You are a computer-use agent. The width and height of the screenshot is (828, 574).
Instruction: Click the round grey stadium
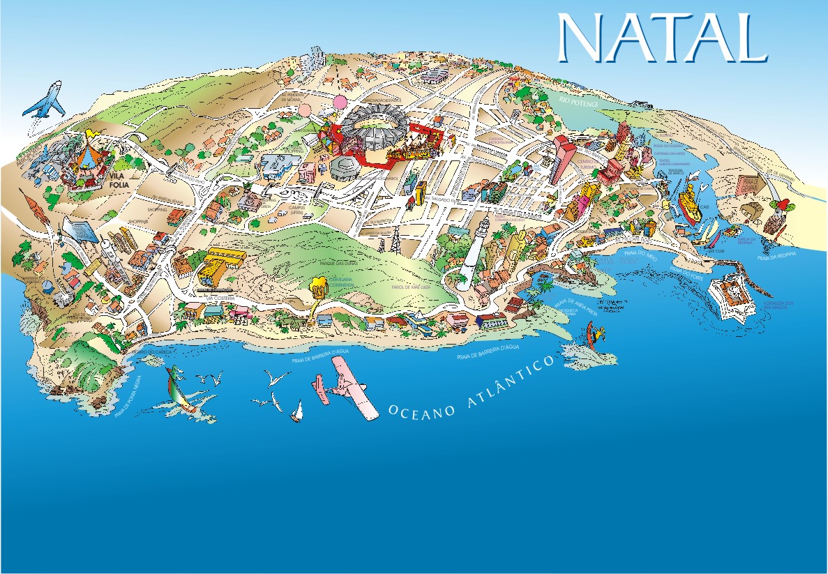(x=377, y=123)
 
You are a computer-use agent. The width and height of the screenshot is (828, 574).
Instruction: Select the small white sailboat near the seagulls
(x=297, y=411)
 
